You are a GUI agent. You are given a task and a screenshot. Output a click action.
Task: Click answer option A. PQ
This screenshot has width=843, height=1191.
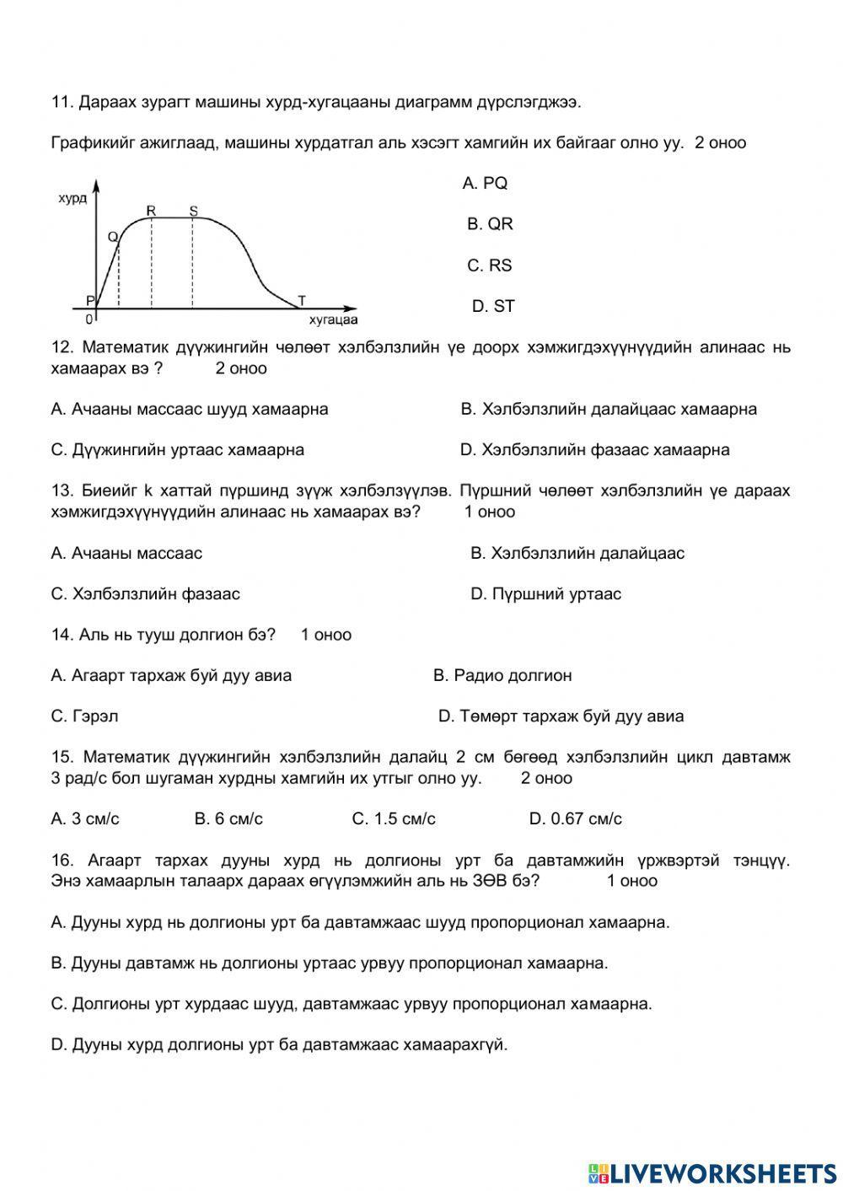pyautogui.click(x=485, y=184)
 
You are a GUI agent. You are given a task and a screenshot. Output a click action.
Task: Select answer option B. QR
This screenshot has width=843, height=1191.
pyautogui.click(x=490, y=224)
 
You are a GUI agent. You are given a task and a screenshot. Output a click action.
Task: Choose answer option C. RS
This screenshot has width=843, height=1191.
pyautogui.click(x=490, y=266)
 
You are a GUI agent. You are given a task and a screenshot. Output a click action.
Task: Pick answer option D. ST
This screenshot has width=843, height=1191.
pyautogui.click(x=492, y=307)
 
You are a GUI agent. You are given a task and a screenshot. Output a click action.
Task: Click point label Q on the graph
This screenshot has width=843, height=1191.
pyautogui.click(x=112, y=237)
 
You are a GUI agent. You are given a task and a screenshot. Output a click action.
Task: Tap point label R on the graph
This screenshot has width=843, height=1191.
pyautogui.click(x=151, y=210)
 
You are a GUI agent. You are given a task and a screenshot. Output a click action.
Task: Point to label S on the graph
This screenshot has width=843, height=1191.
pyautogui.click(x=193, y=210)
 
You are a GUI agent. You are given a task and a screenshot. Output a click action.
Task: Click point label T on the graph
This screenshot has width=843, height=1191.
pyautogui.click(x=302, y=300)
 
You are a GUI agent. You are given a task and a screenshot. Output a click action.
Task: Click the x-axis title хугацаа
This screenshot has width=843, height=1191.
pyautogui.click(x=333, y=320)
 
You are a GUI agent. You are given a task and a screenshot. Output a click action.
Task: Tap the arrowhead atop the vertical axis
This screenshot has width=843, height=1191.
pyautogui.click(x=97, y=185)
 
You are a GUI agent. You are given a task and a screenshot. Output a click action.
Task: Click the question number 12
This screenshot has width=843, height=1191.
pyautogui.click(x=62, y=347)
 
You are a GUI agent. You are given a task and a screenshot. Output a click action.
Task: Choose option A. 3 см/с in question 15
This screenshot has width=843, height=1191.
pyautogui.click(x=85, y=818)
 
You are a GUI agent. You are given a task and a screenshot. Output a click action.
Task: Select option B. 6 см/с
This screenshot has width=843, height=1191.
pyautogui.click(x=228, y=818)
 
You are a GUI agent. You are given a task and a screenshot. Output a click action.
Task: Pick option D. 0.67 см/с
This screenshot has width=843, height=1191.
pyautogui.click(x=575, y=818)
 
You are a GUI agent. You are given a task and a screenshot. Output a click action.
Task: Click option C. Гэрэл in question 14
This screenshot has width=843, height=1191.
pyautogui.click(x=84, y=716)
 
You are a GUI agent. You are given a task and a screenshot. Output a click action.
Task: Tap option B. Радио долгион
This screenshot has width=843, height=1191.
pyautogui.click(x=502, y=675)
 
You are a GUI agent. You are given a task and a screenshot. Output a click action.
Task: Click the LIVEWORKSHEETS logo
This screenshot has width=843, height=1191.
pyautogui.click(x=712, y=1172)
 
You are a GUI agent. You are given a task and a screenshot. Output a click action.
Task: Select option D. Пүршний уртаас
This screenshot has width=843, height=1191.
pyautogui.click(x=545, y=594)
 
